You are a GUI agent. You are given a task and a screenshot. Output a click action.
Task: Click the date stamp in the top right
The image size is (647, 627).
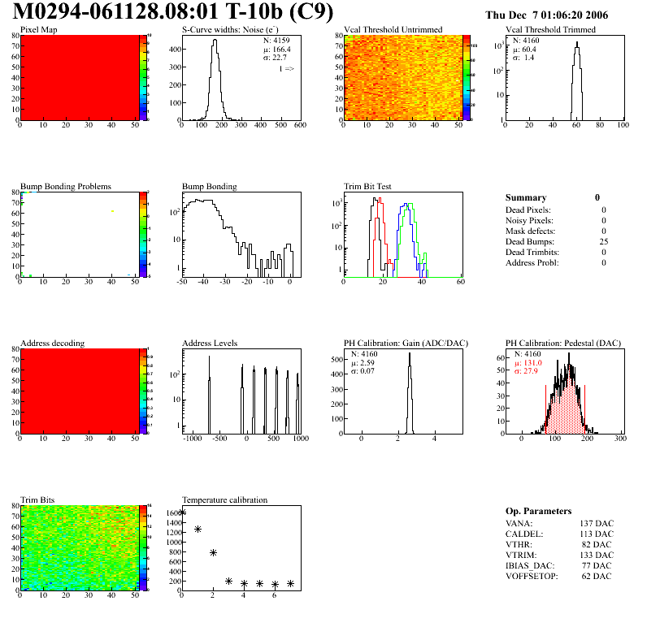[x=558, y=15]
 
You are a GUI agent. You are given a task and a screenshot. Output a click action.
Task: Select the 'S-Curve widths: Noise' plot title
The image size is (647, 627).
[x=231, y=30]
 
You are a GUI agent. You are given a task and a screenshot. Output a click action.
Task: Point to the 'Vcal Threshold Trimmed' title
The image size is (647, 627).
[x=550, y=30]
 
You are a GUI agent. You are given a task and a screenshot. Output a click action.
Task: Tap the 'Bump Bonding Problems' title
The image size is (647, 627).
[x=65, y=187]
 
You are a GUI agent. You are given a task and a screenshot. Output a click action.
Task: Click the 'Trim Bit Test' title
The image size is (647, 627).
[x=367, y=187]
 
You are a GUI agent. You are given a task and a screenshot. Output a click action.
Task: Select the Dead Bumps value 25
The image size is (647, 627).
[x=603, y=241]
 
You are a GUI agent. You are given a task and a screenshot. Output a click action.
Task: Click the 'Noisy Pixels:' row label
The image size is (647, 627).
[x=529, y=220]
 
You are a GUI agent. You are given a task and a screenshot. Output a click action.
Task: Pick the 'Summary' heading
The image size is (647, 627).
[x=526, y=198]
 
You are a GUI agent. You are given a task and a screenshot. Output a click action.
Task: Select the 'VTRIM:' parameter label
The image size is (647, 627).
[x=519, y=555]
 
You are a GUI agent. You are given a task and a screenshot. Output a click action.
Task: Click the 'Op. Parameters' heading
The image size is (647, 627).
[x=538, y=512]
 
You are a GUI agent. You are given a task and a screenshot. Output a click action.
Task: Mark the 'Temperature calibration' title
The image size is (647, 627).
[x=224, y=500]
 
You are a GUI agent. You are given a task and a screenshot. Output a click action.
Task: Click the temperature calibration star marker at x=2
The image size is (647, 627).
[x=214, y=552]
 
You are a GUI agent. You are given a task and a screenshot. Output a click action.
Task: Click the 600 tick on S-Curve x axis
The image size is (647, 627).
[x=300, y=126]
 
